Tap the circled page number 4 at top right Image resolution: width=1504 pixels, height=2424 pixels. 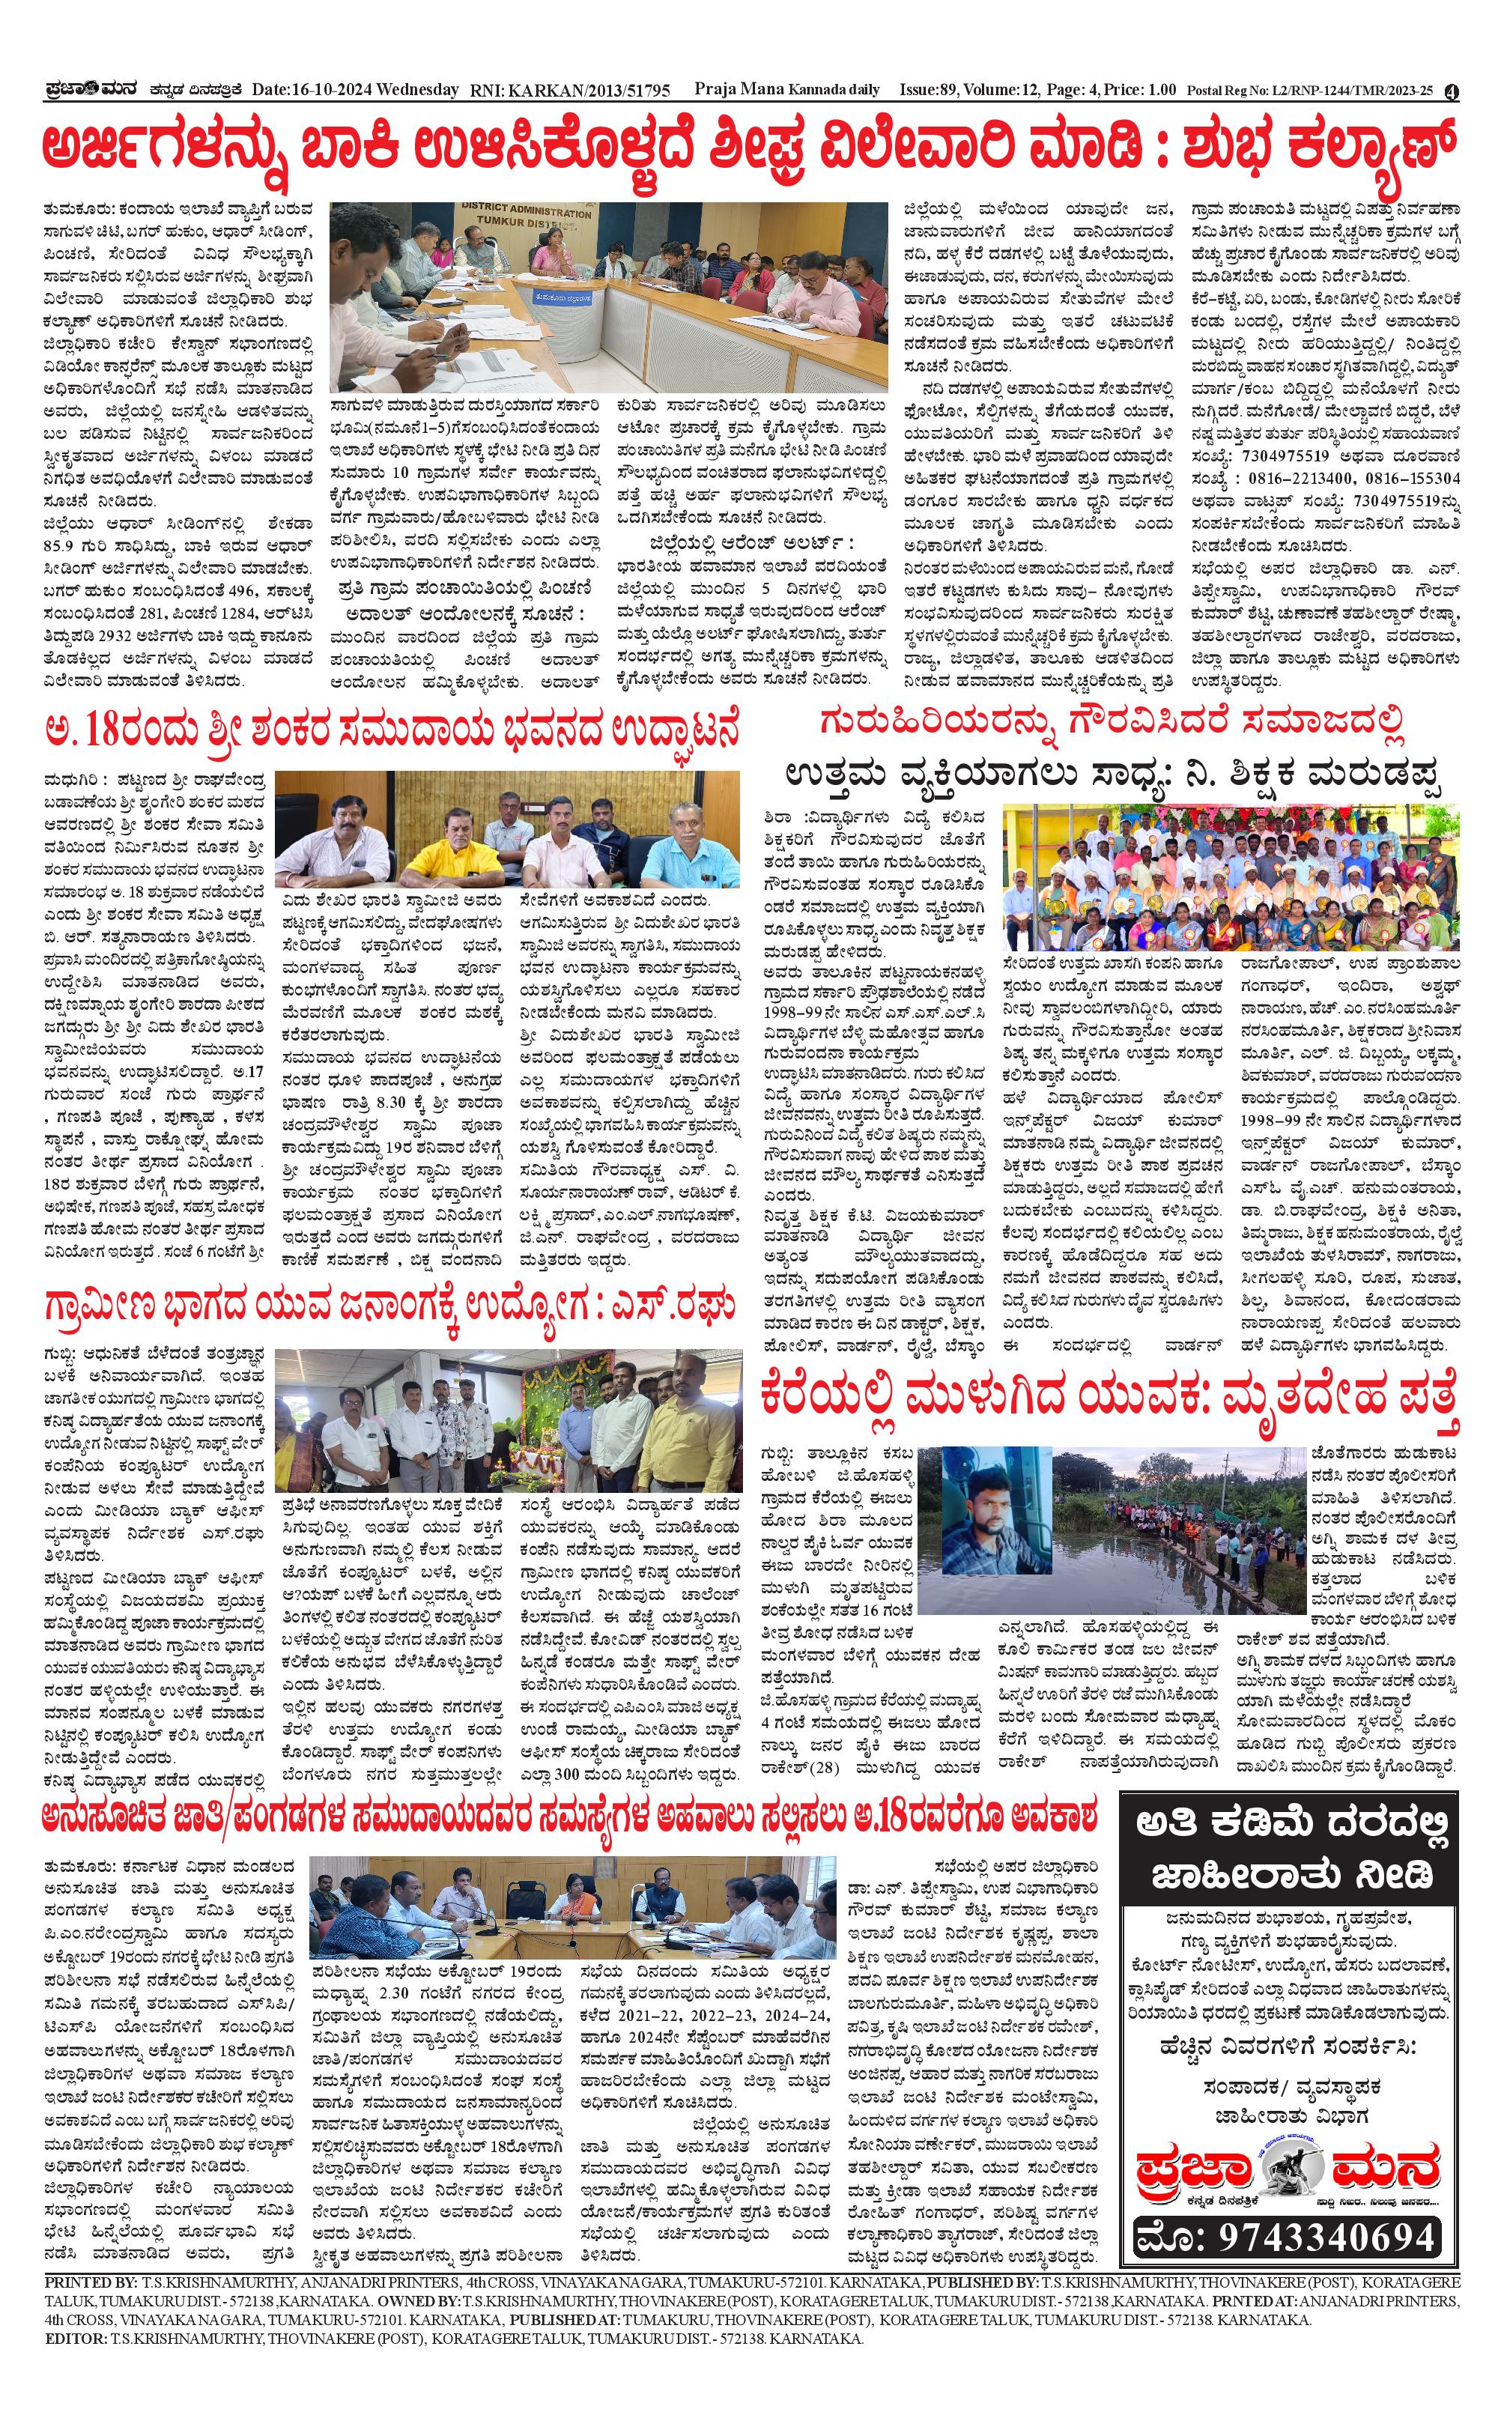point(1452,91)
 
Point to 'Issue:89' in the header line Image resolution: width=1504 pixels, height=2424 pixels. point(929,91)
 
